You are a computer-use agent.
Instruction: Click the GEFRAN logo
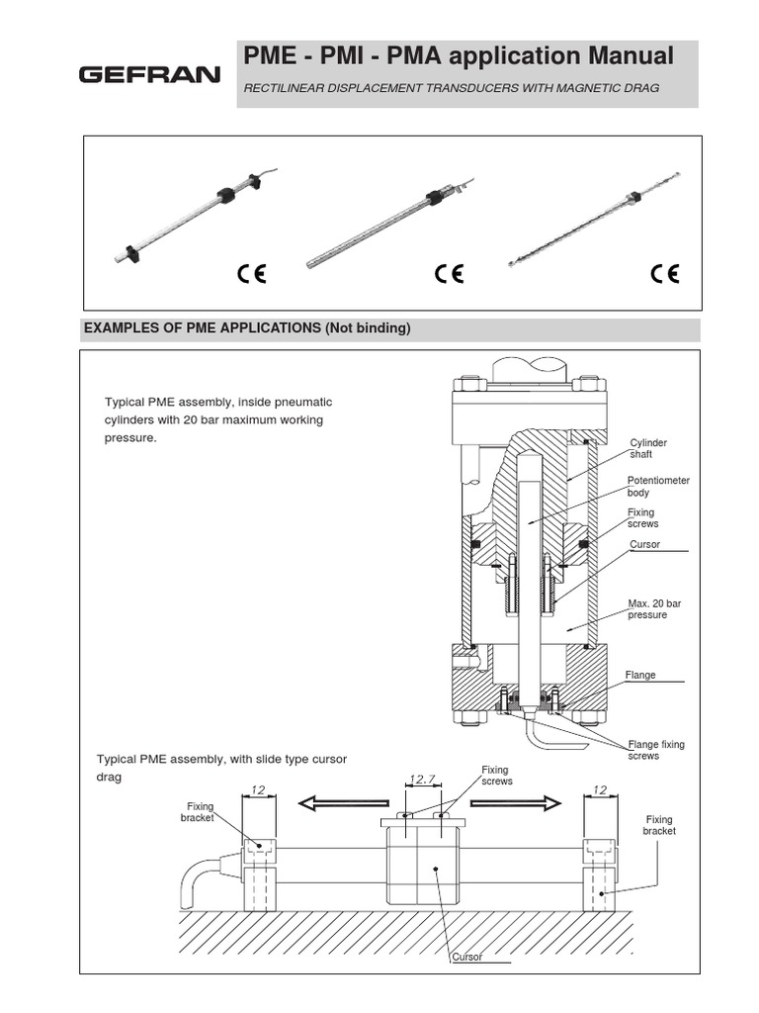(x=149, y=75)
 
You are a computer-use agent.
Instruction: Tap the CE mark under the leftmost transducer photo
(x=251, y=274)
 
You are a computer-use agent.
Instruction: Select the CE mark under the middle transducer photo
(x=449, y=274)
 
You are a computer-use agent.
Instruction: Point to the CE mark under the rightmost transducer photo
(x=665, y=274)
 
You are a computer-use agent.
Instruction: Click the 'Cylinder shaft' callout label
(x=648, y=448)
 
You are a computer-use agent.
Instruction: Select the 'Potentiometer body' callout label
(x=658, y=486)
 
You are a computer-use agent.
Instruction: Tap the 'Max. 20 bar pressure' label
(x=648, y=608)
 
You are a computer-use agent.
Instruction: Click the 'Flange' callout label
(x=640, y=675)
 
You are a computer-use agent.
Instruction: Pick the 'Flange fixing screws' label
(x=656, y=750)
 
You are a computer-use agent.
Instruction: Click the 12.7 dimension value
(x=423, y=781)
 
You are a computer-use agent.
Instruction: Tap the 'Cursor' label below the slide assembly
(x=466, y=957)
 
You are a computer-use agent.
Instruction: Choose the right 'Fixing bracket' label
(x=659, y=825)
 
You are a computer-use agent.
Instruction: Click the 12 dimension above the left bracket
(x=259, y=789)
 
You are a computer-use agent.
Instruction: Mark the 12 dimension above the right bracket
(x=600, y=789)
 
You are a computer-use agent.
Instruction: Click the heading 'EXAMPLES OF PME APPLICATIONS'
(x=246, y=328)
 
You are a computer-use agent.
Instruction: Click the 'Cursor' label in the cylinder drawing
(x=644, y=545)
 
